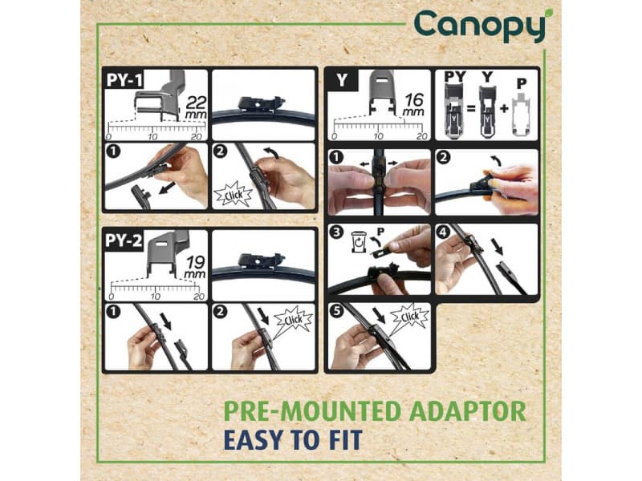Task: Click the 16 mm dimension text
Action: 414,107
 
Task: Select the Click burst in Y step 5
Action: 409,317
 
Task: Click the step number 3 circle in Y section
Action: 338,234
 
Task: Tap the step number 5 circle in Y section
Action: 338,313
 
